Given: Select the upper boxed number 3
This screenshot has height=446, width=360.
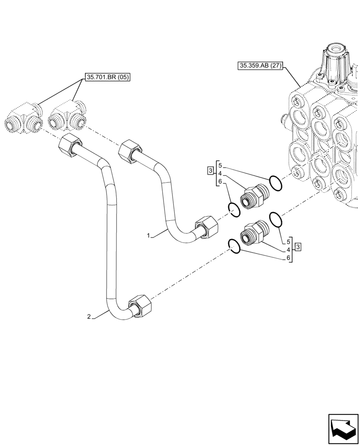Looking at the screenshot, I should coord(209,170).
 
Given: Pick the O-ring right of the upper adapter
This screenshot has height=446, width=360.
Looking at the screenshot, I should coord(275,183).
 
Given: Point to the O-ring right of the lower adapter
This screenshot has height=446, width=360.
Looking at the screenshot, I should coord(276,219).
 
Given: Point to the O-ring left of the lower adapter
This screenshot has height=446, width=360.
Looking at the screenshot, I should coord(234,245).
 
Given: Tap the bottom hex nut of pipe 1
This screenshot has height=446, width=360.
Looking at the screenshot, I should coord(207,227).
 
